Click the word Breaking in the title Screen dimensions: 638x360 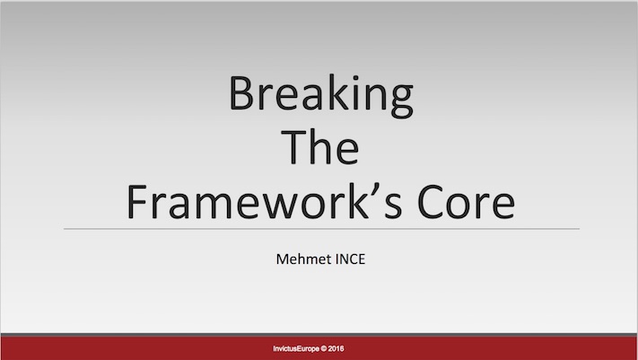[x=321, y=96]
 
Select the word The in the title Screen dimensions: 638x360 [x=320, y=147]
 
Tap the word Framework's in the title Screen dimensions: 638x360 [x=265, y=202]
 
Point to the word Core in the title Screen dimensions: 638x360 [x=467, y=202]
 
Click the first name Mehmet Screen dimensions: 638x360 [x=301, y=259]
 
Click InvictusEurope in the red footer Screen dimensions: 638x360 [x=296, y=348]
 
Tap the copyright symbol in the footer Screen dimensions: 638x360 [x=323, y=348]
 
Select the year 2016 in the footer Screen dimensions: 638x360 [x=336, y=348]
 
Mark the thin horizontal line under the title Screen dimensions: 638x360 [x=321, y=229]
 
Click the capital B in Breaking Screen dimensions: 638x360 [x=242, y=92]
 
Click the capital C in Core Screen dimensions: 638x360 [x=431, y=202]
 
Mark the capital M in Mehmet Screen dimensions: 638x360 [x=283, y=259]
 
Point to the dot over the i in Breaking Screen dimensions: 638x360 [x=356, y=77]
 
